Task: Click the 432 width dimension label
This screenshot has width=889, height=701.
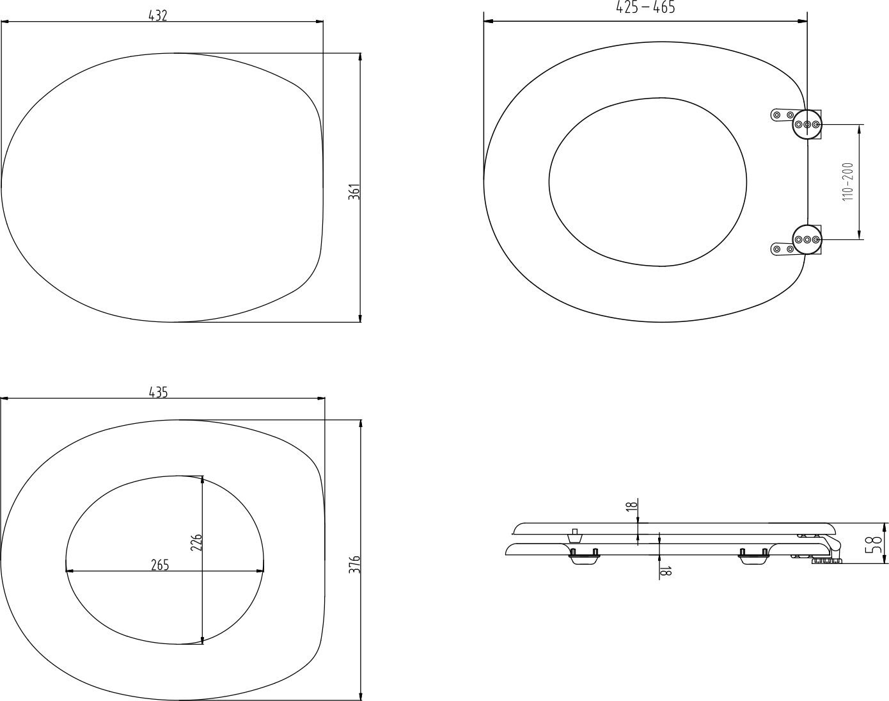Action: (158, 16)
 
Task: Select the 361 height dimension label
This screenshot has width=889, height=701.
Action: (354, 192)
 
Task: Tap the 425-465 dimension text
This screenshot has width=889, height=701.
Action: (645, 7)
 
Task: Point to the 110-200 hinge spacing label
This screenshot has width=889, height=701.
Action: (848, 182)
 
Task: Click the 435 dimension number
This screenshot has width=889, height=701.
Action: (159, 392)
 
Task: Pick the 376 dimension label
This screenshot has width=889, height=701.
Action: (355, 565)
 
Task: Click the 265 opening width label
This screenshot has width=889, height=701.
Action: (160, 565)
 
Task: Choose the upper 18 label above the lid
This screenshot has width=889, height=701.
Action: (631, 506)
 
